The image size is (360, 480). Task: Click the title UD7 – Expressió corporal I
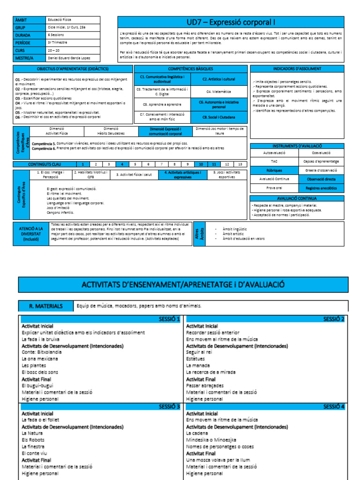click(231, 22)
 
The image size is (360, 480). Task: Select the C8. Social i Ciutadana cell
click(219, 117)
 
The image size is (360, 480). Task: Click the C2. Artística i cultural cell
click(219, 79)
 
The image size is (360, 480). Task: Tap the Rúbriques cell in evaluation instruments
click(273, 170)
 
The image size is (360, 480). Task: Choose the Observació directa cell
click(321, 179)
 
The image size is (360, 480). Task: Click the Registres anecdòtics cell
click(321, 188)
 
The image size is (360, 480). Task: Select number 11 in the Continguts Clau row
click(214, 165)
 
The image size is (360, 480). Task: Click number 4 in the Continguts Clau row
click(122, 165)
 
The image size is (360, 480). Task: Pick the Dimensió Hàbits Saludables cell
click(111, 131)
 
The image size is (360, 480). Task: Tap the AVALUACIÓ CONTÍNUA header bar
click(297, 198)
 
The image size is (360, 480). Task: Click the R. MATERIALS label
click(46, 306)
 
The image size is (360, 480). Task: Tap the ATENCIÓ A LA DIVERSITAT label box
click(31, 233)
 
